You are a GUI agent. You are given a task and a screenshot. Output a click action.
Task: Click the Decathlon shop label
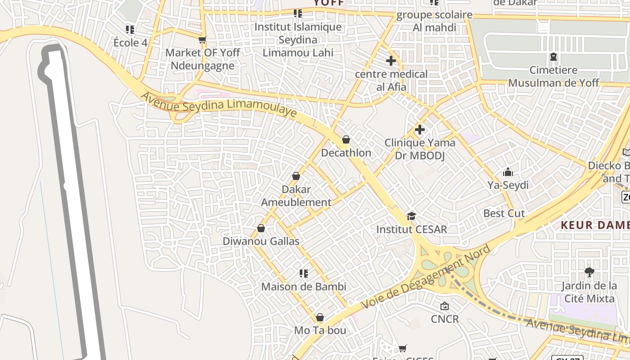point(346,153)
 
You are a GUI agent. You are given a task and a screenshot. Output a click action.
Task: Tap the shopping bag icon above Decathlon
point(346,140)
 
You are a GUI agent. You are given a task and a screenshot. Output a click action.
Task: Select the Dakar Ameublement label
point(296,196)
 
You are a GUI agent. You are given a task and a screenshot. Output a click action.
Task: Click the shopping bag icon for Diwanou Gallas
point(261,229)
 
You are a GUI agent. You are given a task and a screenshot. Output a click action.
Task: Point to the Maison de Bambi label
point(304,287)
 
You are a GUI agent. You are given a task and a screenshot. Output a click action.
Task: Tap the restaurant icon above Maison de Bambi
point(304,274)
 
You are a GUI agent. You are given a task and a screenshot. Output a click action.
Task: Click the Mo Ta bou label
point(320,330)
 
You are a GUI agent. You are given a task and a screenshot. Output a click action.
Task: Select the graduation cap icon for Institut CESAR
point(411,216)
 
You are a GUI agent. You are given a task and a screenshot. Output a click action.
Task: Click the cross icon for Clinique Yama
point(420,130)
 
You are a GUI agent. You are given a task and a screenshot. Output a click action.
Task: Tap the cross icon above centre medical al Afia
point(391,61)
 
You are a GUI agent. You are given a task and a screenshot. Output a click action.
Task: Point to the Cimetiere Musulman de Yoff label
point(553,76)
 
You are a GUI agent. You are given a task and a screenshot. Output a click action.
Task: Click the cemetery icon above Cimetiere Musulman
point(553,57)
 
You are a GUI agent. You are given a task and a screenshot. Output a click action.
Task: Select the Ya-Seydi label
point(508,185)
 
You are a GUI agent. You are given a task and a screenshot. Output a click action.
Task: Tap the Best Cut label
point(504,213)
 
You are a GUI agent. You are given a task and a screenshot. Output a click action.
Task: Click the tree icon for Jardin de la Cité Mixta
point(589,272)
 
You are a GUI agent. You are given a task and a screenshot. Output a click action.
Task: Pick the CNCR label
point(445,319)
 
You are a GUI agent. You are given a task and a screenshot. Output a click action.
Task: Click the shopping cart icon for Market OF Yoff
point(202,40)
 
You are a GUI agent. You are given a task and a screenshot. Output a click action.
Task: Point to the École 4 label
point(130,43)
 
